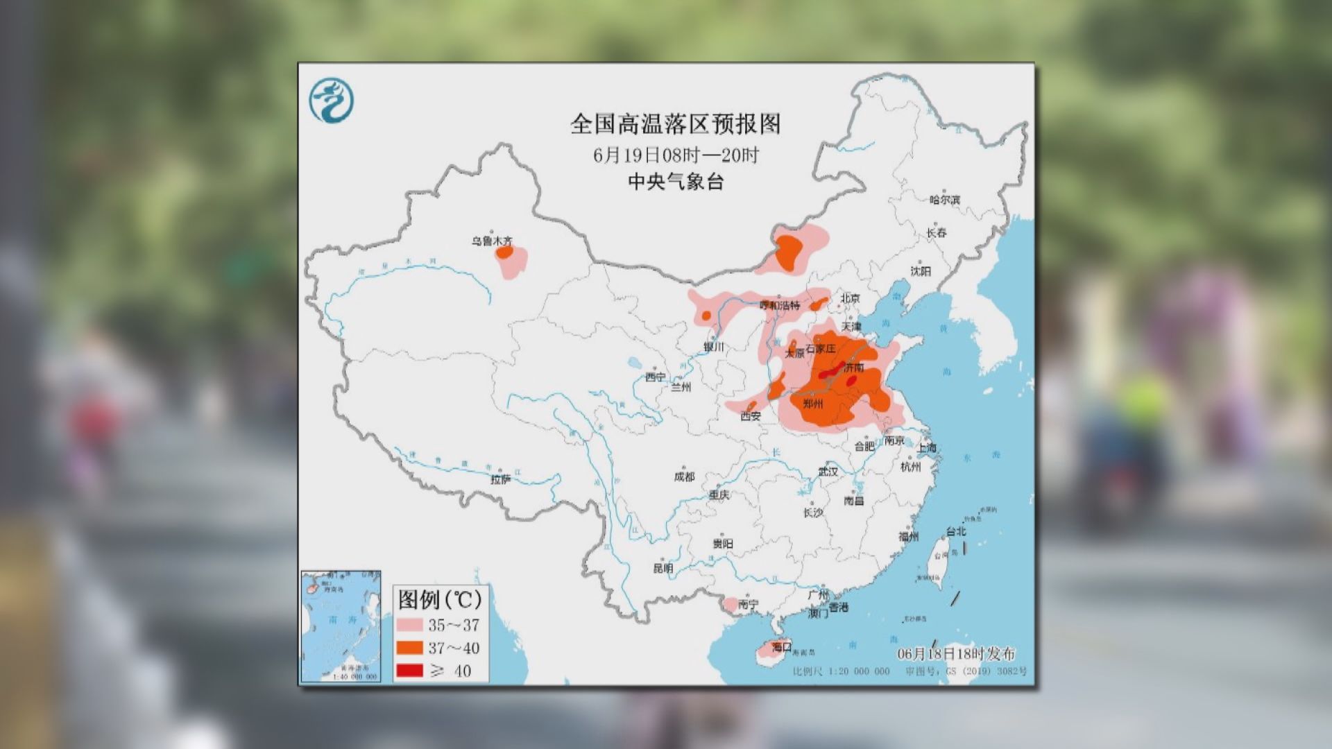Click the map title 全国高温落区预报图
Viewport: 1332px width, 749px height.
(x=675, y=124)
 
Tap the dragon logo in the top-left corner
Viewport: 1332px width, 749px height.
(x=331, y=101)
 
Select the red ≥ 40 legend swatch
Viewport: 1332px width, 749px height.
(x=409, y=671)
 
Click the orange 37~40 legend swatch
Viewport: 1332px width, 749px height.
(x=409, y=648)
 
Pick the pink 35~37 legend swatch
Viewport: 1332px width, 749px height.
(x=409, y=625)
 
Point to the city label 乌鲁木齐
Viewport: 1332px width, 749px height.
(x=492, y=241)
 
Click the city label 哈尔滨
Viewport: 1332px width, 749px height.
(x=944, y=200)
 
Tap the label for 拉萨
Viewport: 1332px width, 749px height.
(x=500, y=479)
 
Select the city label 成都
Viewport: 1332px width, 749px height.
(x=684, y=476)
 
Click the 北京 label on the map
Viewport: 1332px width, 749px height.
(x=850, y=298)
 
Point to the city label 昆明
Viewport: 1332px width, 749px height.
(x=663, y=568)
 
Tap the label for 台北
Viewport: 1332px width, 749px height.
(x=955, y=531)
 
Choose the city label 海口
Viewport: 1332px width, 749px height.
(x=781, y=646)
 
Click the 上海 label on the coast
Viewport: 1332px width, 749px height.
(x=926, y=448)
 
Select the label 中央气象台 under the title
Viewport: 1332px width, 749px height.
(x=675, y=182)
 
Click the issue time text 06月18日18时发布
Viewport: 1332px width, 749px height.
(x=955, y=653)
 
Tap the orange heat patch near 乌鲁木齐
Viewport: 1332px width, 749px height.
(x=504, y=253)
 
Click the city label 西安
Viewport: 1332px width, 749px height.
(x=750, y=416)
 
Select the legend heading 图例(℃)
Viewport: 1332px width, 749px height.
(x=439, y=599)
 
